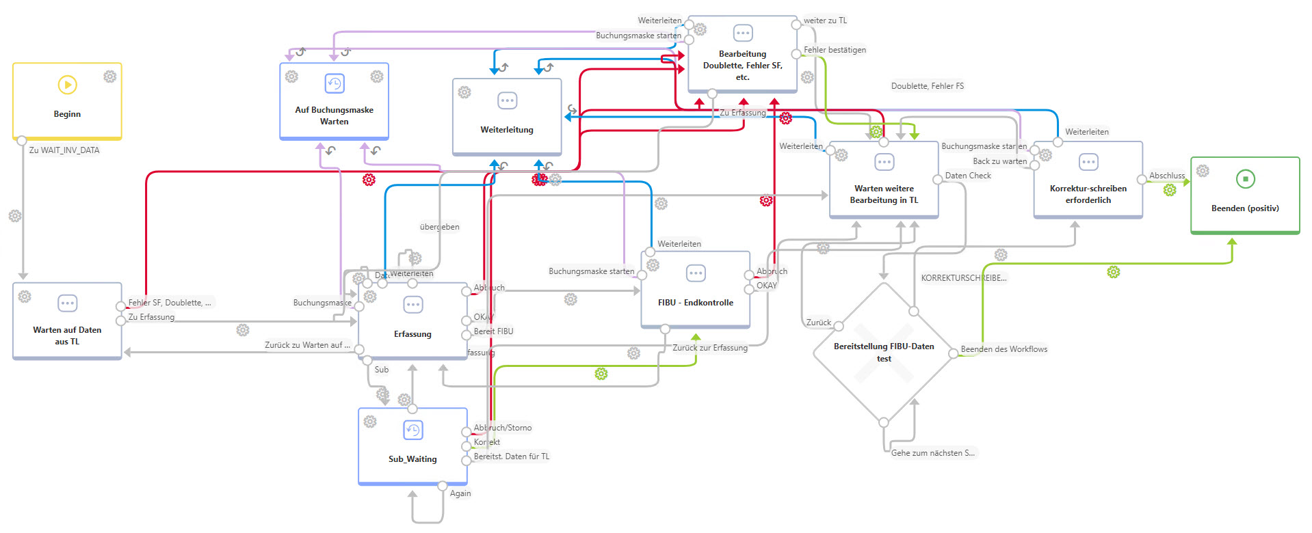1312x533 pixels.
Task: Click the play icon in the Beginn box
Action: coord(67,85)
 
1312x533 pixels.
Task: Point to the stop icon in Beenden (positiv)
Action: coord(1245,179)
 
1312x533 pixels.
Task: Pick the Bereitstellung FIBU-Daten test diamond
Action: coord(884,352)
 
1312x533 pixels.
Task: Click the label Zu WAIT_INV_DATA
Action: coord(64,150)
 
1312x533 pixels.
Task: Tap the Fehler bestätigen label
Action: coord(835,50)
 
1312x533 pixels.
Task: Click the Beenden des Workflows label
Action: coord(1003,349)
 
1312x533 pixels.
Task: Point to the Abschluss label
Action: coord(1166,176)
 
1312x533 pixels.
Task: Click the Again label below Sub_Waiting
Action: coord(460,493)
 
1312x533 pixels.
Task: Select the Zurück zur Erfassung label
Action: coord(710,348)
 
